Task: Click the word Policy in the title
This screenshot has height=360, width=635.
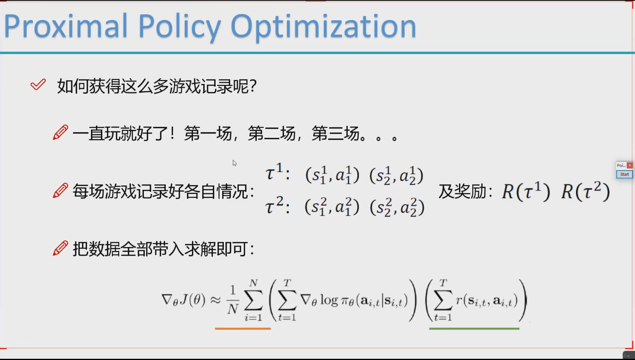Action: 179,28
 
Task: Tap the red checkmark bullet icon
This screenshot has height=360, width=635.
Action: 38,85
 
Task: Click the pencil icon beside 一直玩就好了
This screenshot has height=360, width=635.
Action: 60,132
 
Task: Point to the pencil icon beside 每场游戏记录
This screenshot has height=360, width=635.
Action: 60,190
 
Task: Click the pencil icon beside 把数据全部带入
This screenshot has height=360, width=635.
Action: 60,248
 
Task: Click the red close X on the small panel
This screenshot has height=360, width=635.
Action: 630,165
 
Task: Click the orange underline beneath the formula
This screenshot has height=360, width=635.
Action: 243,329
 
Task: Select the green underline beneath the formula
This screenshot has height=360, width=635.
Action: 474,329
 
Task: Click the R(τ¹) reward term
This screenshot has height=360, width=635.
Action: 526,191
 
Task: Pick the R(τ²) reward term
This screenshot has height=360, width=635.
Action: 586,191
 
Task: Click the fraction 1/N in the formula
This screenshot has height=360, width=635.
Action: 233,300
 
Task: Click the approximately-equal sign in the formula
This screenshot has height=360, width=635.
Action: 216,300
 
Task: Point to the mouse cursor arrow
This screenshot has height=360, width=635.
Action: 234,163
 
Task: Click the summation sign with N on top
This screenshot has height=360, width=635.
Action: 254,300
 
